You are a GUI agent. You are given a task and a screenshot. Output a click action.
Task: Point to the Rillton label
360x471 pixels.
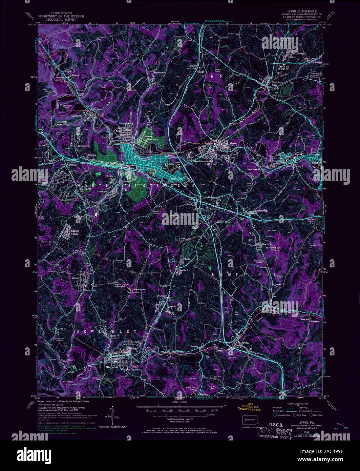pos(75,278)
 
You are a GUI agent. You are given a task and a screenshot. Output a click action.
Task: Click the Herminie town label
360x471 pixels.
pos(112,367)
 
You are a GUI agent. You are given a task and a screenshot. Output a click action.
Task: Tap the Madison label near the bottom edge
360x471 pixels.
pos(204,394)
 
